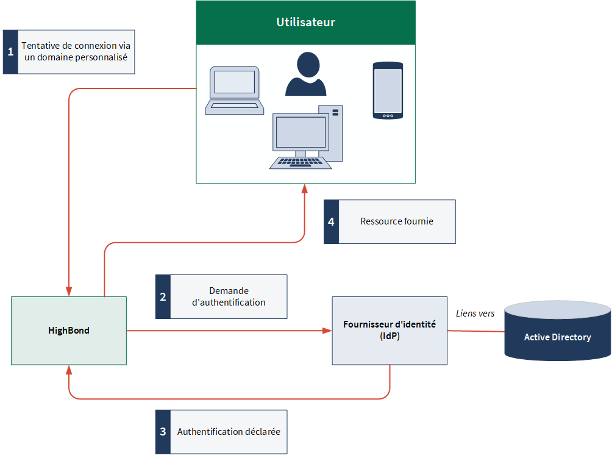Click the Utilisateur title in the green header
point(305,22)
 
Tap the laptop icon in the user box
point(234,90)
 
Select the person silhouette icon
point(305,74)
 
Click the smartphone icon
point(388,90)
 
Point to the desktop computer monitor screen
point(301,132)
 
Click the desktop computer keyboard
point(301,162)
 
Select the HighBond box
point(69,331)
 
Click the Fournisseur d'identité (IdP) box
point(390,331)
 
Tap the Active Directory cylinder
point(557,331)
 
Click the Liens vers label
point(475,313)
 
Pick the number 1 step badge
point(10,52)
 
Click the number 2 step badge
point(163,297)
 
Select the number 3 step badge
point(163,432)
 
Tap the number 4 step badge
point(332,222)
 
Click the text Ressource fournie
point(397,221)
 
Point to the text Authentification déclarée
point(229,432)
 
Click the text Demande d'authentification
point(229,296)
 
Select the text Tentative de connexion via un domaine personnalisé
point(76,52)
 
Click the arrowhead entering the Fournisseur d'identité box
point(327,331)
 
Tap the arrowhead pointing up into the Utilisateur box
point(305,188)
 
